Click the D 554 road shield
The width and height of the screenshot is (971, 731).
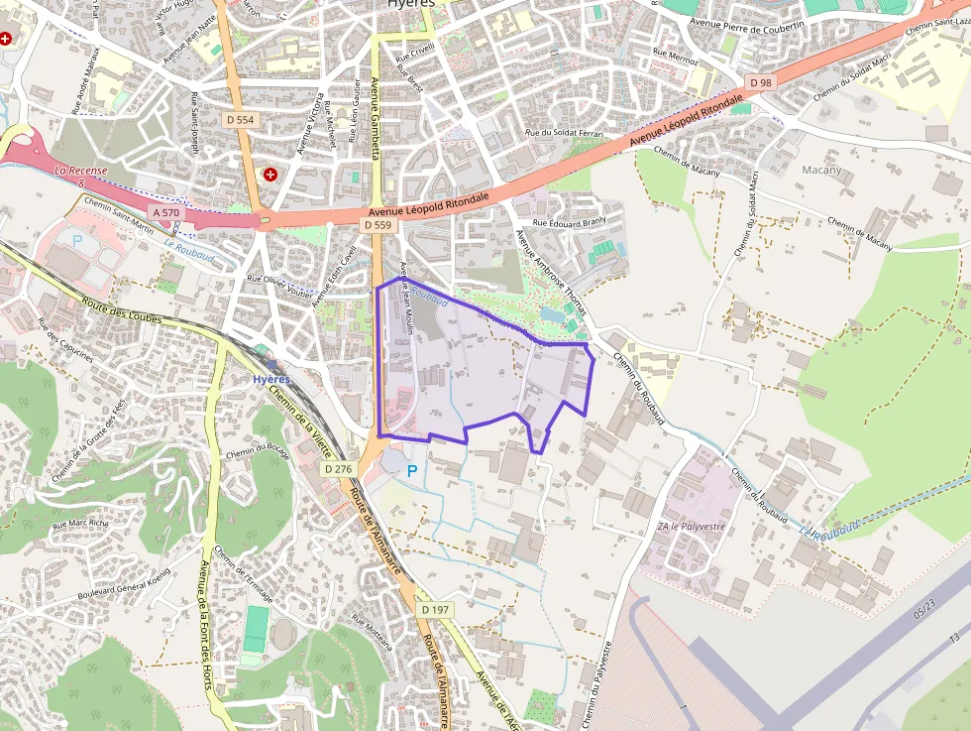240,120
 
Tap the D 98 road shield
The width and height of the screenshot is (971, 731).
761,82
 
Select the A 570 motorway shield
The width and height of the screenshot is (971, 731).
166,213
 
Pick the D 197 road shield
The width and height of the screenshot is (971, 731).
435,609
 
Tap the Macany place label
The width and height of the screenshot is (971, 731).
820,170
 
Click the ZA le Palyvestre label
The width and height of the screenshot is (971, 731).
691,526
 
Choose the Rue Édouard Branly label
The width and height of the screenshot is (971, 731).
569,223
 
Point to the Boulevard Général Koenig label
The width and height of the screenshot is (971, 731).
124,584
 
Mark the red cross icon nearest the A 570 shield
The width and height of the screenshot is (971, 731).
270,175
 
